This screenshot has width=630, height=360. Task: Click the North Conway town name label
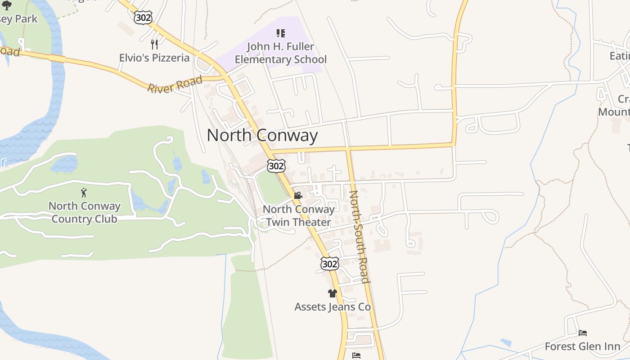[x=262, y=135]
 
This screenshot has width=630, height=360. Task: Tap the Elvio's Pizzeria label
[x=154, y=58]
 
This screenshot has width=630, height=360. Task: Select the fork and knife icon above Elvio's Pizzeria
[x=154, y=44]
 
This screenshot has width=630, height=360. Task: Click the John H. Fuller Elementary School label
[x=281, y=53]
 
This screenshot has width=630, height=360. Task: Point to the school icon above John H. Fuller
[x=281, y=33]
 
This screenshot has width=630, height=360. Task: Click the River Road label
[x=175, y=84]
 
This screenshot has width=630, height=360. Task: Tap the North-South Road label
[x=360, y=237]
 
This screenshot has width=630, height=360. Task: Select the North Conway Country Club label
[x=84, y=212]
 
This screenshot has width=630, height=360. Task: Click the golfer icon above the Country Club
[x=84, y=193]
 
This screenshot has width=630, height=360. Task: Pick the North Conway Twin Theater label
[x=299, y=216]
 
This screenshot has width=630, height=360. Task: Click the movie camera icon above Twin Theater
[x=297, y=195]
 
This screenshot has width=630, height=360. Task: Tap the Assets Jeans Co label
[x=333, y=307]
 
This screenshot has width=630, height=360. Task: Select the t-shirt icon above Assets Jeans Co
[x=333, y=293]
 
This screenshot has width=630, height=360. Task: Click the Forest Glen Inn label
[x=582, y=346]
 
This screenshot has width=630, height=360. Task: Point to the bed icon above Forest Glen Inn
[x=583, y=333]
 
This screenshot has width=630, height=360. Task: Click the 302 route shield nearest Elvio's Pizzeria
[x=143, y=18]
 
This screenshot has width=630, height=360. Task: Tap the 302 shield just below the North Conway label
[x=276, y=166]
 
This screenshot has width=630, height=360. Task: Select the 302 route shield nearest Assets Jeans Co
[x=329, y=264]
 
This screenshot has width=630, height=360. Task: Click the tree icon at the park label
[x=7, y=5]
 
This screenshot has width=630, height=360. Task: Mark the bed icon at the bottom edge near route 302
[x=356, y=355]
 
